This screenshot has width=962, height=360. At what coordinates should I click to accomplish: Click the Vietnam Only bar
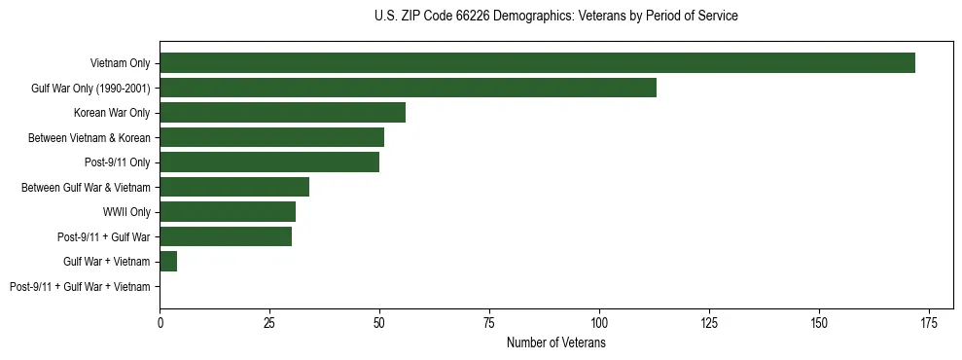[537, 63]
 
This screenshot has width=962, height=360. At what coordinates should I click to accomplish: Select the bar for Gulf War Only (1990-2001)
[408, 88]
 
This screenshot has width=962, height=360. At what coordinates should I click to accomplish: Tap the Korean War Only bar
[282, 113]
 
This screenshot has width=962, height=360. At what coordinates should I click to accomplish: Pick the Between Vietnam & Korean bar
[271, 137]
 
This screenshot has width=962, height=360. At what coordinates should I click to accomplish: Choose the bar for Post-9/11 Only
[269, 162]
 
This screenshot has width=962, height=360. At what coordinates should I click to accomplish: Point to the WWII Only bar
[228, 212]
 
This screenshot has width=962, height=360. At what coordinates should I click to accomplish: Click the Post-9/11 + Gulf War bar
[226, 236]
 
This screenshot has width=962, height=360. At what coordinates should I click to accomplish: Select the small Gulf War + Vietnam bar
[168, 262]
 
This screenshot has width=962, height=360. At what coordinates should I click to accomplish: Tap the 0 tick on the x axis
[160, 322]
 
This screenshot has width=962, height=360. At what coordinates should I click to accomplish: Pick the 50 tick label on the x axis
[379, 322]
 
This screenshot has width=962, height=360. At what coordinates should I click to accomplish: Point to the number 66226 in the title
[474, 17]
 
